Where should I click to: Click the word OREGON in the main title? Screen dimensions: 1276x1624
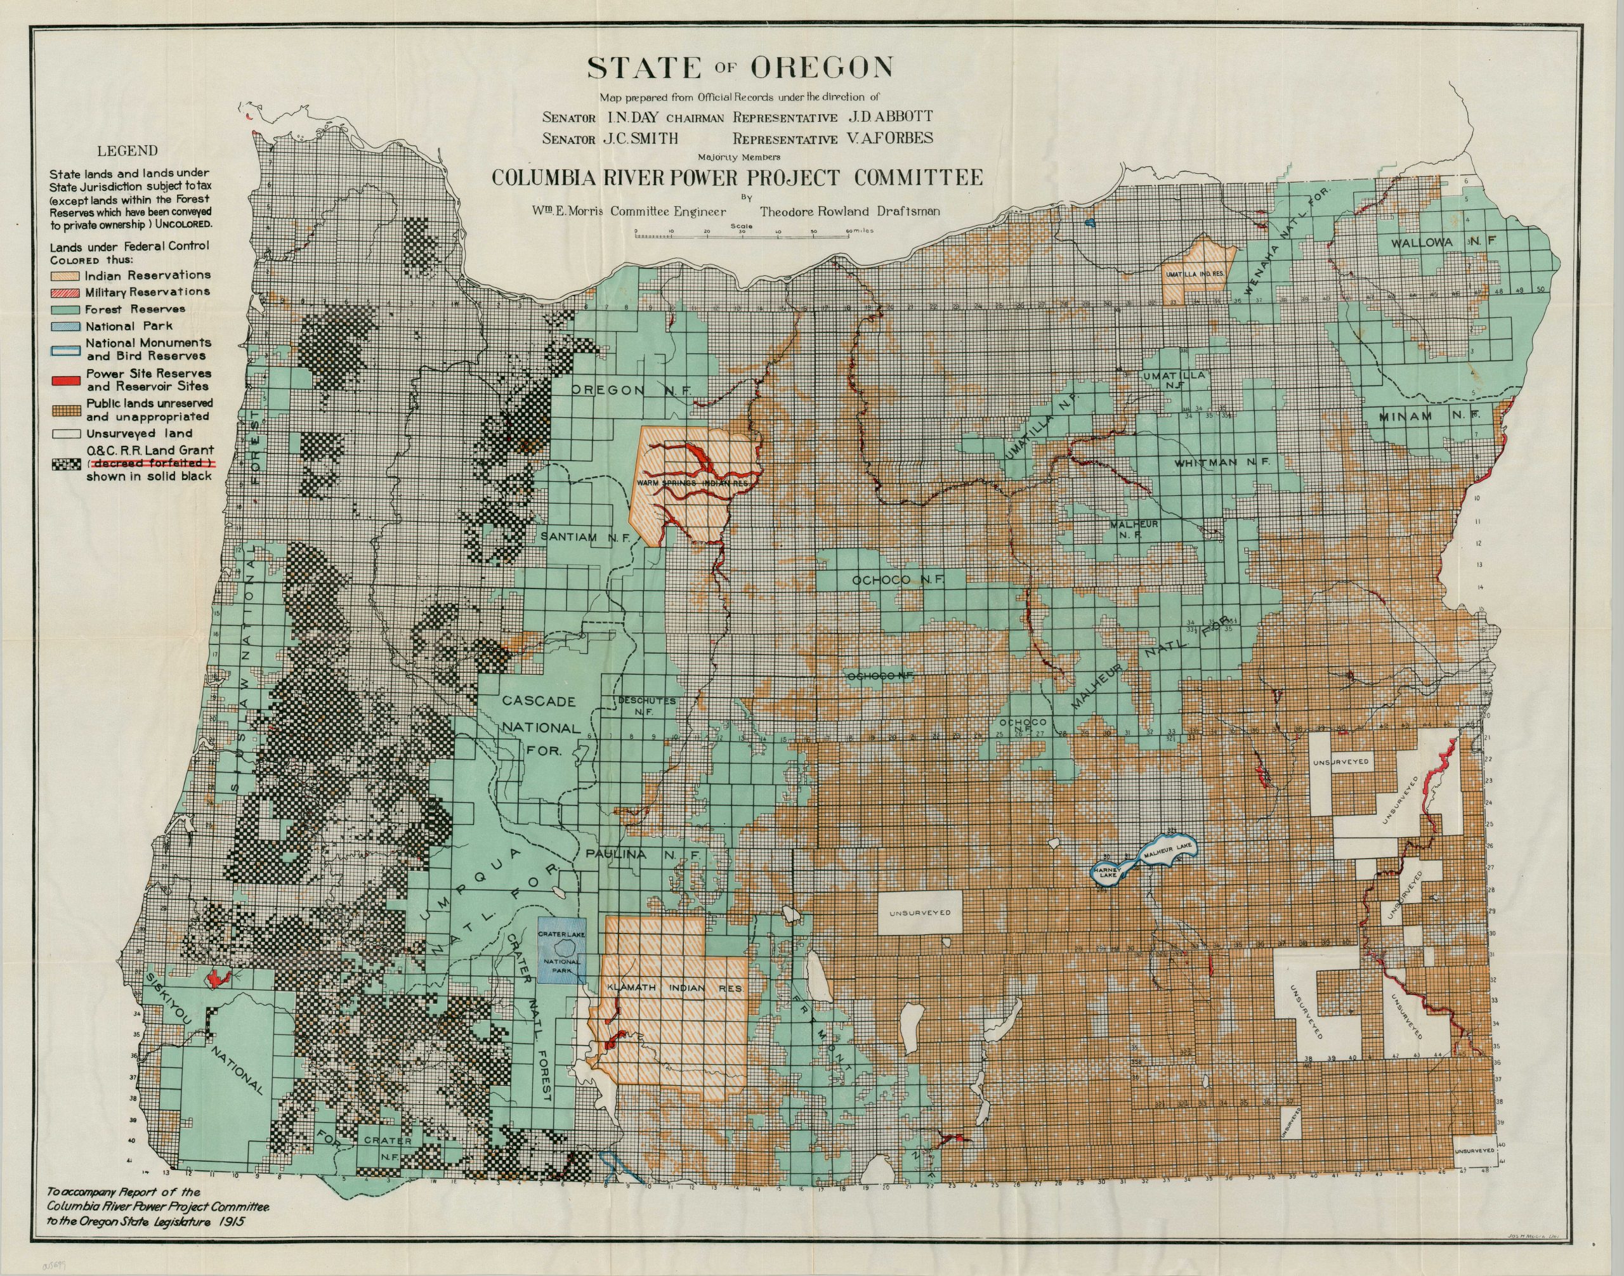[x=822, y=68]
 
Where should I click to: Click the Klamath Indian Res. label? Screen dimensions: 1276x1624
[x=675, y=988]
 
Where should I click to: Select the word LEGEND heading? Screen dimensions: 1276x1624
[x=133, y=150]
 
